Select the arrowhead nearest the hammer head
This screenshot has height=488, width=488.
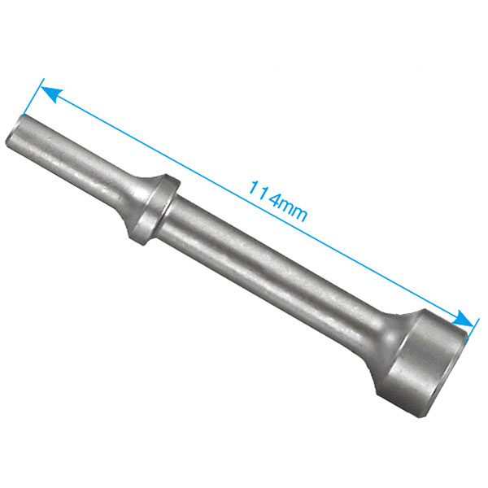(464, 319)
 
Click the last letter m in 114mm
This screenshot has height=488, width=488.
(300, 215)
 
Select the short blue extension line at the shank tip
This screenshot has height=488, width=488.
(33, 97)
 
